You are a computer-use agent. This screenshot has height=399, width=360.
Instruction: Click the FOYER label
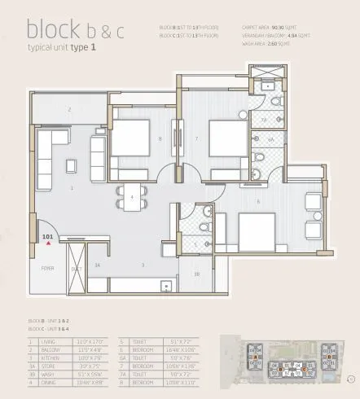click(x=38, y=267)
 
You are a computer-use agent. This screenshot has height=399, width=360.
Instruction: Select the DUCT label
click(x=77, y=267)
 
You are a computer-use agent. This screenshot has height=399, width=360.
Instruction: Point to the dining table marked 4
click(x=131, y=198)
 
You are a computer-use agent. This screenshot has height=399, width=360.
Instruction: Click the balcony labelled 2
click(x=69, y=108)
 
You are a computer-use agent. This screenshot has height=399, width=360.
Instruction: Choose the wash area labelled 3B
click(x=196, y=274)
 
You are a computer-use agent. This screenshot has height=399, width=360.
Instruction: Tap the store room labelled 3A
click(x=97, y=265)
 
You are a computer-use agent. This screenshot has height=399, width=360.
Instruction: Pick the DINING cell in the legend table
click(x=50, y=370)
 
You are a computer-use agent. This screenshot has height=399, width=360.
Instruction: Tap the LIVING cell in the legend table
click(x=48, y=341)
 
